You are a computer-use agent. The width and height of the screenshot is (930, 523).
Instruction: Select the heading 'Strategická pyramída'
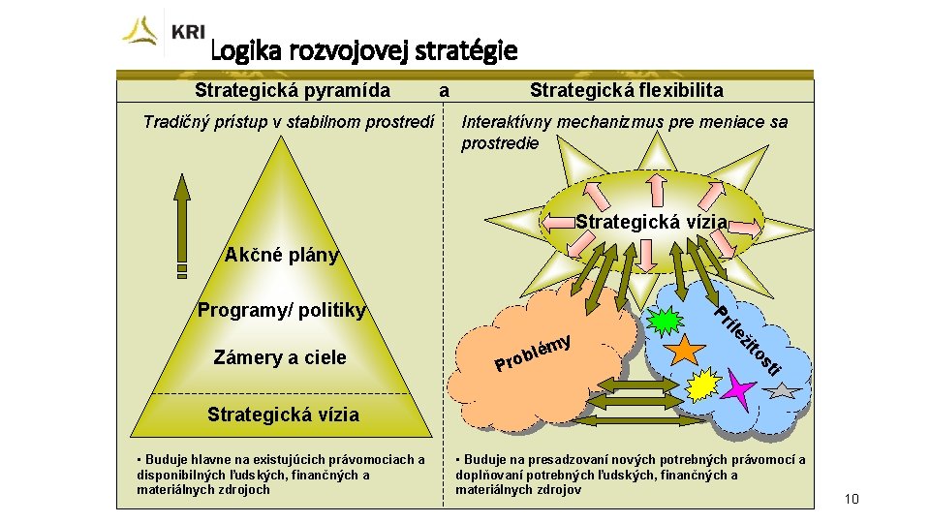click(293, 91)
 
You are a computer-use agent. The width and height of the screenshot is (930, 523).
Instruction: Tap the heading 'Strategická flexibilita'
click(626, 91)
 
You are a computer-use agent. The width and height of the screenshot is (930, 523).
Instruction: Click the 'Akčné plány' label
click(282, 256)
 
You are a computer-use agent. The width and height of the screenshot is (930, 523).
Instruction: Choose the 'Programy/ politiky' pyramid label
click(282, 311)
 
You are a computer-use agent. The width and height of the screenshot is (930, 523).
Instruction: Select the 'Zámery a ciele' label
click(280, 357)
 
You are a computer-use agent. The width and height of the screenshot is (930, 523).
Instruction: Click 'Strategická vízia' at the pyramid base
click(283, 415)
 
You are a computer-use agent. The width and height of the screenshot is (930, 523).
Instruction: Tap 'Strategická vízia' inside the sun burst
click(651, 222)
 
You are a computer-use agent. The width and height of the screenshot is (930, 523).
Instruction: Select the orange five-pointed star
click(686, 348)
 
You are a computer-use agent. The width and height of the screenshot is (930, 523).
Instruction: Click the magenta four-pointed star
click(738, 391)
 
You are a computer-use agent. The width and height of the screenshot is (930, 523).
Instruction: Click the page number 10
click(852, 499)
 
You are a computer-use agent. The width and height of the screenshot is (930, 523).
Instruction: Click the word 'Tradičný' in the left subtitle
click(175, 122)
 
